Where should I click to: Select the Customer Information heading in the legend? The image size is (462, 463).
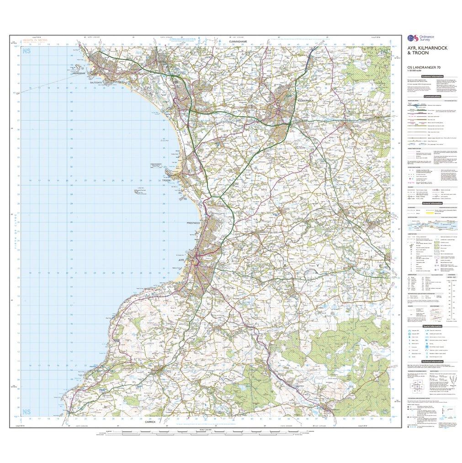432,76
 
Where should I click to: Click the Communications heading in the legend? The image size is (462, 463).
432,97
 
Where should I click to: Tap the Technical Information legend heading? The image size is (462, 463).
432,361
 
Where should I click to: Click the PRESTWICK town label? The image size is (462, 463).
193,222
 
